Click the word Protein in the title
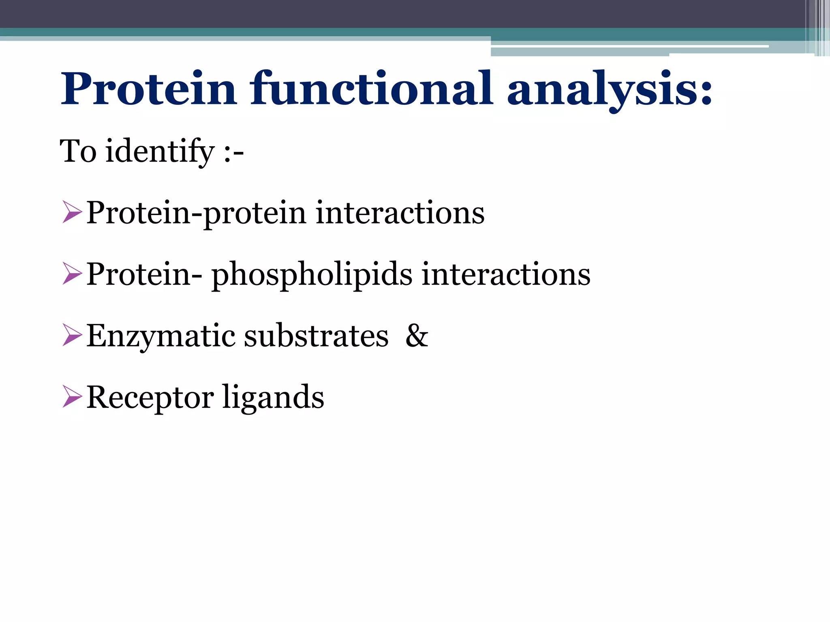[x=148, y=89]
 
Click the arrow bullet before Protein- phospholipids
[x=72, y=275]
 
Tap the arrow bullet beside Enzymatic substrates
[x=72, y=336]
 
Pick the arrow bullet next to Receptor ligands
[x=72, y=398]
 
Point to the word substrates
[x=316, y=336]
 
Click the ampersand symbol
[x=417, y=336]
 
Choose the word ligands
[x=273, y=398]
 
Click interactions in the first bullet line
[x=400, y=213]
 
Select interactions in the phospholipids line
[x=506, y=275]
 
